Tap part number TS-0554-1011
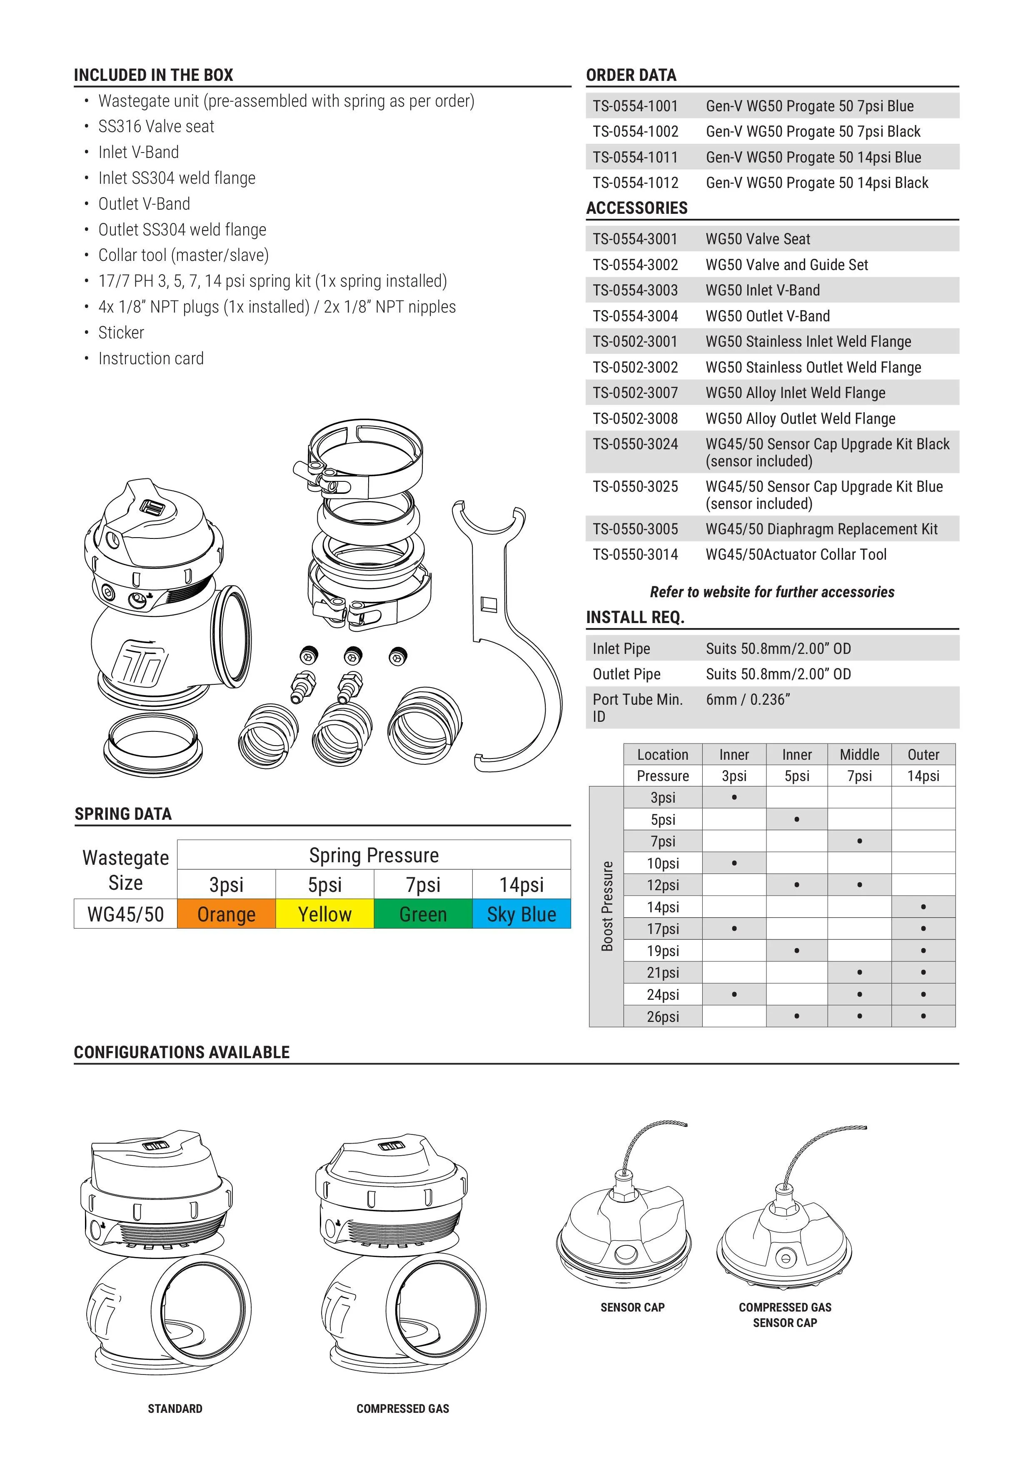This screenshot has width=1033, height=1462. [x=635, y=157]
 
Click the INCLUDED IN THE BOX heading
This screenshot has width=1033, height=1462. [x=153, y=75]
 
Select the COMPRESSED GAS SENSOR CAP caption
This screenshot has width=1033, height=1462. [x=785, y=1315]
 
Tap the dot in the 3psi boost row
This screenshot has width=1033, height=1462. [x=734, y=797]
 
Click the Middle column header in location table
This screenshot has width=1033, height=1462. [x=859, y=755]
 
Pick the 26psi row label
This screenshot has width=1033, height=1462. [x=663, y=1016]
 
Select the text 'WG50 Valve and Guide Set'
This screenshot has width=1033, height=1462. [x=787, y=265]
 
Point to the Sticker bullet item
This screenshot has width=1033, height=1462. [x=121, y=333]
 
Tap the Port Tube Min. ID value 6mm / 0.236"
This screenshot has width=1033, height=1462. [x=748, y=700]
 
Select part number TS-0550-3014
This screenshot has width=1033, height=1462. [x=635, y=555]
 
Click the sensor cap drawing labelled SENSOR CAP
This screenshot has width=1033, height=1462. [x=624, y=1229]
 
